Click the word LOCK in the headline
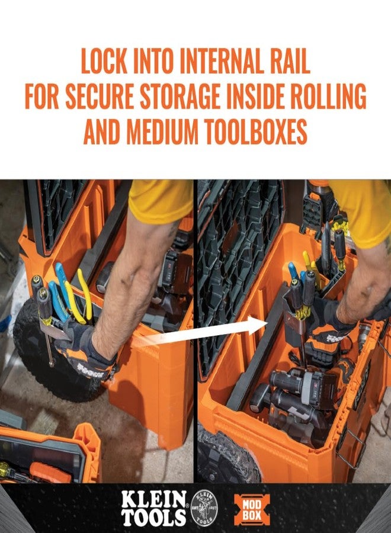coord(104,62)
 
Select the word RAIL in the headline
coord(287,62)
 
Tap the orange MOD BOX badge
coord(252,508)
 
